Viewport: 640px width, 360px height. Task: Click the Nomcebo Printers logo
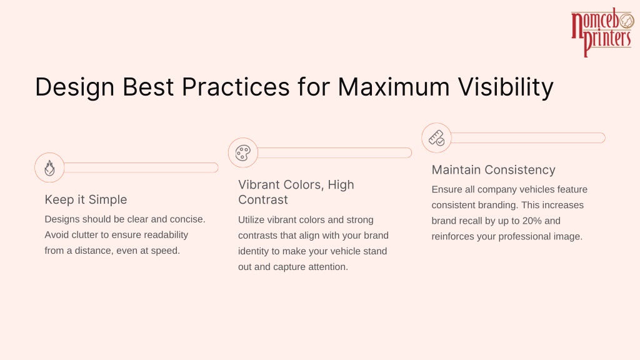602,32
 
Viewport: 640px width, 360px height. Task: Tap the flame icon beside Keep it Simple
49,167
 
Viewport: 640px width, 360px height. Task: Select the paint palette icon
243,153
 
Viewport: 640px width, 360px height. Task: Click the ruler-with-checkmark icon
436,138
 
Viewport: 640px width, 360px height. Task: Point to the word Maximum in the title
394,86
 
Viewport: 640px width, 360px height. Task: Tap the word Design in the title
75,87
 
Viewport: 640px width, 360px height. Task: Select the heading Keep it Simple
86,199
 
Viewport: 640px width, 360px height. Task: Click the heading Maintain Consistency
494,170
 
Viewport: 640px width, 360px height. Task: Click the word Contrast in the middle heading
263,199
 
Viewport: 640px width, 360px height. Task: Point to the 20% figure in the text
531,221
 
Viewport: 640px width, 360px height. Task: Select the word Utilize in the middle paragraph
251,219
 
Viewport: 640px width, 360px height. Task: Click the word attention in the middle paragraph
331,267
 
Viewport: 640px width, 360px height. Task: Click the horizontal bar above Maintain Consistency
528,138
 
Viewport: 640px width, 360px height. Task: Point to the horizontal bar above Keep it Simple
141,167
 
